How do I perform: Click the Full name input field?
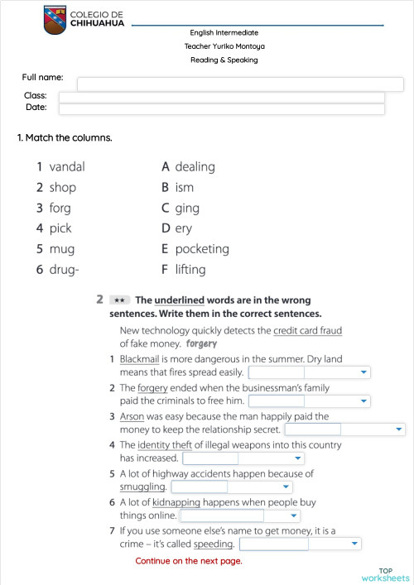[x=240, y=84]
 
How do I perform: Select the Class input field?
[x=221, y=97]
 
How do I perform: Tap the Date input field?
[x=221, y=108]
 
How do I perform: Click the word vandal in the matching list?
[x=67, y=166]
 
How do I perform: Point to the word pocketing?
[x=202, y=249]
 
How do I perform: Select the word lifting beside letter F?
[x=190, y=270]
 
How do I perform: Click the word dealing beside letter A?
[x=195, y=166]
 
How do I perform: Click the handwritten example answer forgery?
[x=202, y=343]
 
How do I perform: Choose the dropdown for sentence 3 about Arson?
[x=344, y=430]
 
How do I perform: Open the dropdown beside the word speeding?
[x=300, y=544]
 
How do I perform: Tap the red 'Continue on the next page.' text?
[x=189, y=561]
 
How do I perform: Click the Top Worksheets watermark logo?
[x=385, y=574]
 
